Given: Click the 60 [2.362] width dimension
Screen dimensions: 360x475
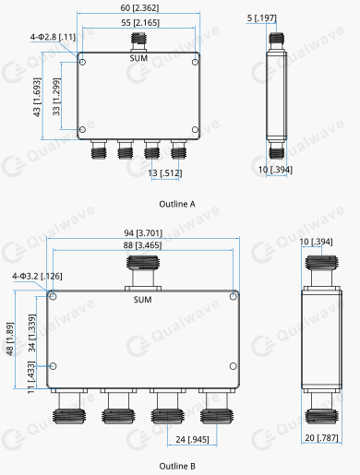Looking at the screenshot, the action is (x=139, y=7).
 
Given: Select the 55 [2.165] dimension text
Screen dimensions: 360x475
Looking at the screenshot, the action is (x=140, y=23).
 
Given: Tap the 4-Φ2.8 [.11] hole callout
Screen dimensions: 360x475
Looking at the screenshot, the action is (x=53, y=37).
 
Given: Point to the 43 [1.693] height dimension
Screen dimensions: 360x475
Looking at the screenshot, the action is (x=37, y=97).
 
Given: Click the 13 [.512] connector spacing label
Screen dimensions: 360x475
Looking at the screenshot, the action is (x=165, y=173).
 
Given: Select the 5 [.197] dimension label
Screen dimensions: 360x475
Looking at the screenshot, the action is (x=261, y=18).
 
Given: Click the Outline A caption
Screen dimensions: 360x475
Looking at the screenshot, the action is (x=177, y=204).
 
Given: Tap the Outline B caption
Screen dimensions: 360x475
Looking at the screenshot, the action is (x=177, y=466).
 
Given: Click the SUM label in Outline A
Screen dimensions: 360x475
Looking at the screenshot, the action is (x=138, y=58).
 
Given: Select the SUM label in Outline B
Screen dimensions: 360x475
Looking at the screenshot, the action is (x=142, y=300).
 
